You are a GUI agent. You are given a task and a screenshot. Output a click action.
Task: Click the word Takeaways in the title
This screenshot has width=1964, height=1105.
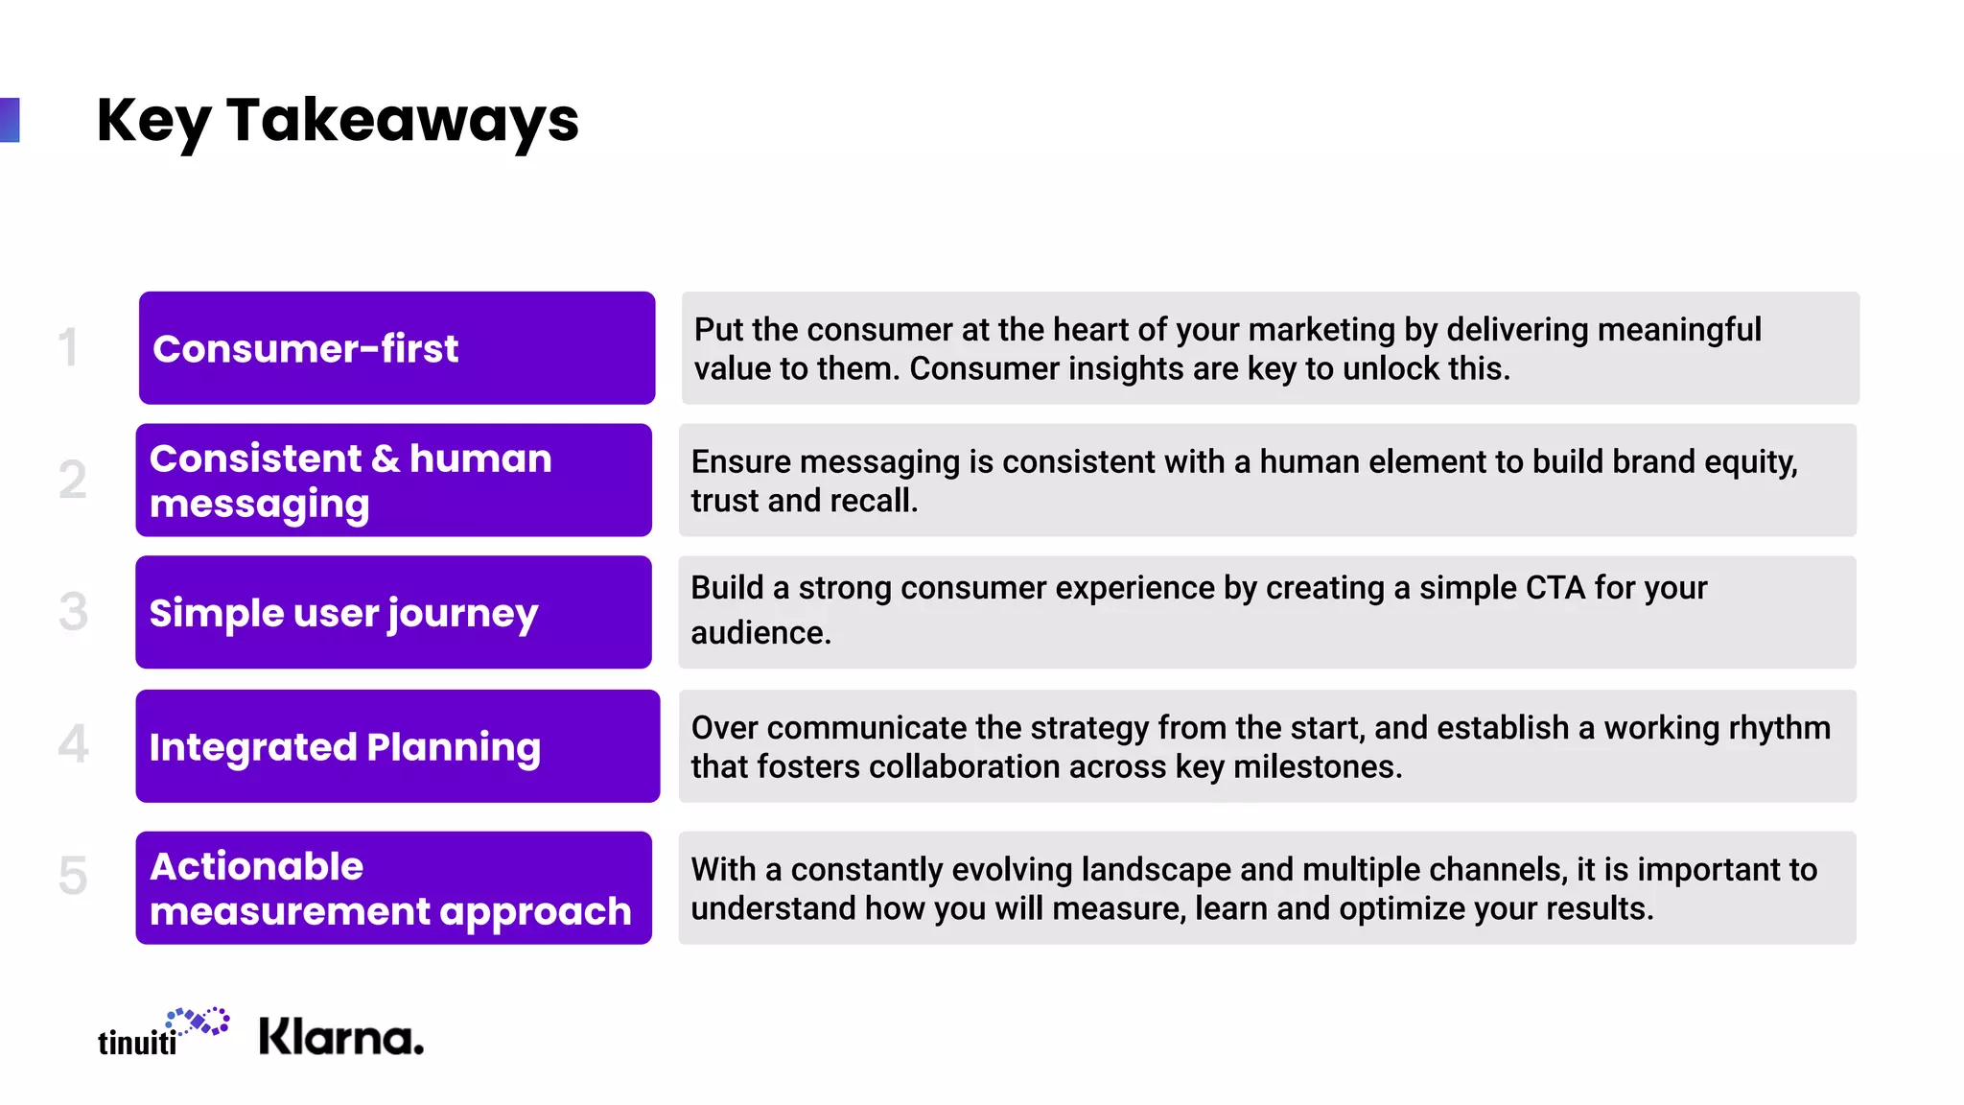[403, 121]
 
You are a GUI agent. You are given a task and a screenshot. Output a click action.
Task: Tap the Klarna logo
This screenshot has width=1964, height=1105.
[340, 1038]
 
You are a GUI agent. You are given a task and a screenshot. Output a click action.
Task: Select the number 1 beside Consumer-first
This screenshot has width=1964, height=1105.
[68, 347]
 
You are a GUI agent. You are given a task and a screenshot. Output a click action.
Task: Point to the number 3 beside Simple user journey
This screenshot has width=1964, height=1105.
[73, 612]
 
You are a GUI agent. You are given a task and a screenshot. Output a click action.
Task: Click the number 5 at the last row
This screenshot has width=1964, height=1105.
[73, 876]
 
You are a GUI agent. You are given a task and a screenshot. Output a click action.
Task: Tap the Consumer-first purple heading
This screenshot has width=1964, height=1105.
[305, 348]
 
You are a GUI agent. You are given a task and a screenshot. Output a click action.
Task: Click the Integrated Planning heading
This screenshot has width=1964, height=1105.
[344, 747]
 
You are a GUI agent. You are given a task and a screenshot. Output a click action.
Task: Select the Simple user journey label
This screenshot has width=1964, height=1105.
[343, 613]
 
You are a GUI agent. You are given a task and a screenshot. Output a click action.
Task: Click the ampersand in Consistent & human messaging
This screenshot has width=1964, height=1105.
[385, 458]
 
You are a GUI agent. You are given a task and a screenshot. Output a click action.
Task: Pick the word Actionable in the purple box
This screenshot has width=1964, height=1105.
[257, 866]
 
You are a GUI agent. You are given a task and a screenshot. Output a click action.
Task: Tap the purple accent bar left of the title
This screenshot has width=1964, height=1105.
[10, 120]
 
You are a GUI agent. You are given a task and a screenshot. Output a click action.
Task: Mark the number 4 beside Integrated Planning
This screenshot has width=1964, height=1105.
[73, 744]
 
